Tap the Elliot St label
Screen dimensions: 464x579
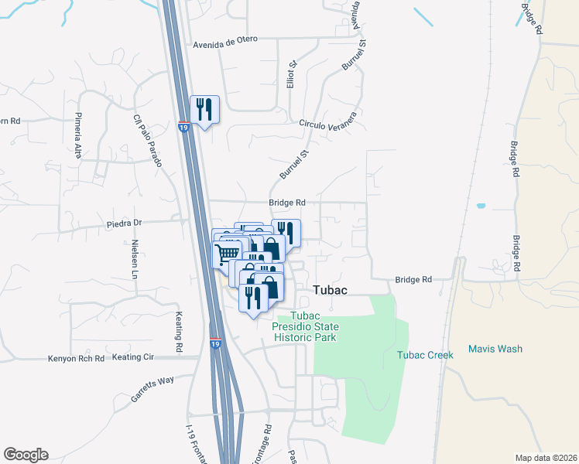[x=292, y=76]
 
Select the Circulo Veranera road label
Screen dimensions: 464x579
[x=328, y=123]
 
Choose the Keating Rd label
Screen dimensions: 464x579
[x=179, y=328]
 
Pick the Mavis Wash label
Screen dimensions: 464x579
[x=495, y=349]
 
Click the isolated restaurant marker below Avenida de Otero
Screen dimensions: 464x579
[x=205, y=110]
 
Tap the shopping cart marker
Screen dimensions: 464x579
[x=227, y=254]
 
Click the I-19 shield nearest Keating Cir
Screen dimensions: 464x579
[x=215, y=343]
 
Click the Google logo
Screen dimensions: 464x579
[x=26, y=455]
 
